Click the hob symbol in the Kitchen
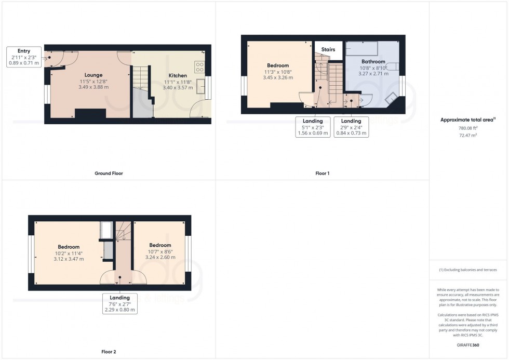click(199, 66)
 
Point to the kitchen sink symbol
click(201, 87)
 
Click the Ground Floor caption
click(109, 173)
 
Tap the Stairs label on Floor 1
click(328, 50)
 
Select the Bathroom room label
click(373, 68)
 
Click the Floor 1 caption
click(322, 173)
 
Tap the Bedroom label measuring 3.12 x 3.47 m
click(69, 252)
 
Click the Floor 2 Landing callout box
click(119, 304)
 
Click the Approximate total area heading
click(468, 120)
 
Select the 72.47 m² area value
click(468, 135)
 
